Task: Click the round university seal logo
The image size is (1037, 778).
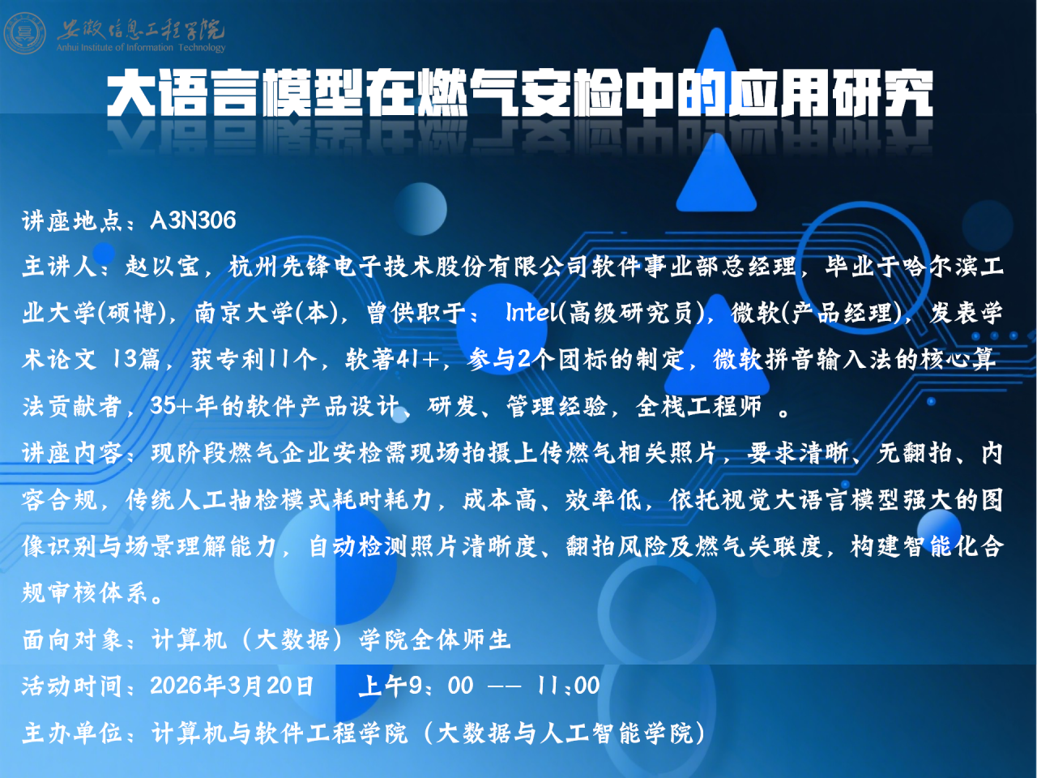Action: [x=25, y=33]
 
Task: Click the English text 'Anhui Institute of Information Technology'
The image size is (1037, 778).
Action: [x=141, y=48]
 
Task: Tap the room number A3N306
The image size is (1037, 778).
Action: [x=193, y=220]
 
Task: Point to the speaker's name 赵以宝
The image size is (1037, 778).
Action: [x=162, y=267]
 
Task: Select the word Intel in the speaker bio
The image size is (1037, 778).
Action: [x=531, y=313]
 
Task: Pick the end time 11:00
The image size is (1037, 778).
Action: [x=568, y=686]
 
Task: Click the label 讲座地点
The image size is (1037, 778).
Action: [x=71, y=220]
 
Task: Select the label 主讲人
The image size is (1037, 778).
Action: [x=58, y=267]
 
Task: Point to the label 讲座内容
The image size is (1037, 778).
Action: [x=71, y=453]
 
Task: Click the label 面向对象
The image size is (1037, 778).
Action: [x=71, y=640]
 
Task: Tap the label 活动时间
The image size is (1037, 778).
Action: [x=71, y=686]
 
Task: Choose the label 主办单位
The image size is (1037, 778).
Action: [x=71, y=733]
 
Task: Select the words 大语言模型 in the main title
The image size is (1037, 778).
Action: [x=235, y=95]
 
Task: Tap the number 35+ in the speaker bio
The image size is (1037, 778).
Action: [x=169, y=406]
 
